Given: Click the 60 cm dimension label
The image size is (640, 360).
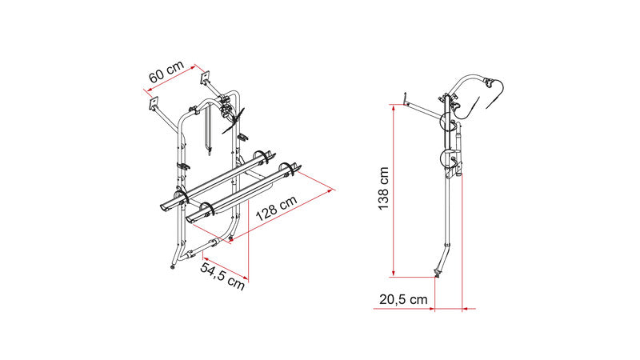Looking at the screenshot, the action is [166, 71].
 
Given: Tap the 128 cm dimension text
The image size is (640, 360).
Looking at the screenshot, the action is [276, 208].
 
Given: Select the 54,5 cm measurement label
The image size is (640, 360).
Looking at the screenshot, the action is [222, 276].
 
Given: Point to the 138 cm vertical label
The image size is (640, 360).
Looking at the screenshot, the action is [384, 188].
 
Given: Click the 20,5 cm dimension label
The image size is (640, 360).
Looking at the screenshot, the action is [403, 299].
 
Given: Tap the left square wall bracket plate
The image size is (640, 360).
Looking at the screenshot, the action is [153, 102].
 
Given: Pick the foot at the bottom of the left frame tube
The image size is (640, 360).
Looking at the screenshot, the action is [173, 267].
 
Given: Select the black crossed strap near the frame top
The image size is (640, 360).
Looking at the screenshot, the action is [234, 120].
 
